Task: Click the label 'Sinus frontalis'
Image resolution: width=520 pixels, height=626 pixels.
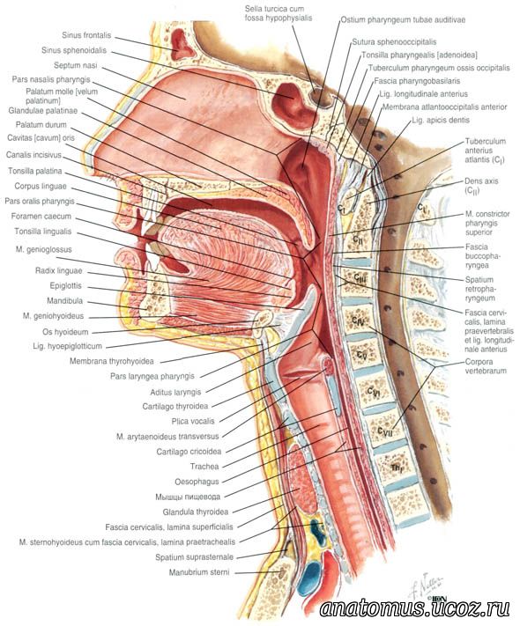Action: coord(86,35)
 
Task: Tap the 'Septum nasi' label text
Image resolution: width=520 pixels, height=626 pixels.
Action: coord(75,65)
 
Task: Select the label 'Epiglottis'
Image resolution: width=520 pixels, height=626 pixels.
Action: coord(65,286)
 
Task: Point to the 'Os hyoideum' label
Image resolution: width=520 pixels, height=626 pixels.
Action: coord(65,332)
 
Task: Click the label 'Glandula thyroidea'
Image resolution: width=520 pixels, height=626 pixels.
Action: coord(196,512)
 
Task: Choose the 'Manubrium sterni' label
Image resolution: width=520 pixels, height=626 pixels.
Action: coord(199,572)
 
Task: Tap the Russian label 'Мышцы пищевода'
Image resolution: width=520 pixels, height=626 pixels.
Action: coord(188,497)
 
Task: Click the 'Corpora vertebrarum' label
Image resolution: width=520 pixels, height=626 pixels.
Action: coord(486,366)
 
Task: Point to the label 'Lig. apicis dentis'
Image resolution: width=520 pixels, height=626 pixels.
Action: coord(441,120)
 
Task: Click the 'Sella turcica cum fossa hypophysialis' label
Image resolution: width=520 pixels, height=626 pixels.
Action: coord(279,13)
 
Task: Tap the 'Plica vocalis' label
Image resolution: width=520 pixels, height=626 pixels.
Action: coord(193,421)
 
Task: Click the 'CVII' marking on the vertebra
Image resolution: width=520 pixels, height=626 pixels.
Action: coord(385,431)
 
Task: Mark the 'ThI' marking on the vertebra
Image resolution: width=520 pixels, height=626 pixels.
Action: coord(396,468)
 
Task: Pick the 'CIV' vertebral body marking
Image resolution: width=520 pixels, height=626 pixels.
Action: coord(357,320)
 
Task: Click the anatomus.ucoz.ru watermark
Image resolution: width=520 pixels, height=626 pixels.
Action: coord(414,608)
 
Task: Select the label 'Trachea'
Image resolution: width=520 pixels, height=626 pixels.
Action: coord(204,467)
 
